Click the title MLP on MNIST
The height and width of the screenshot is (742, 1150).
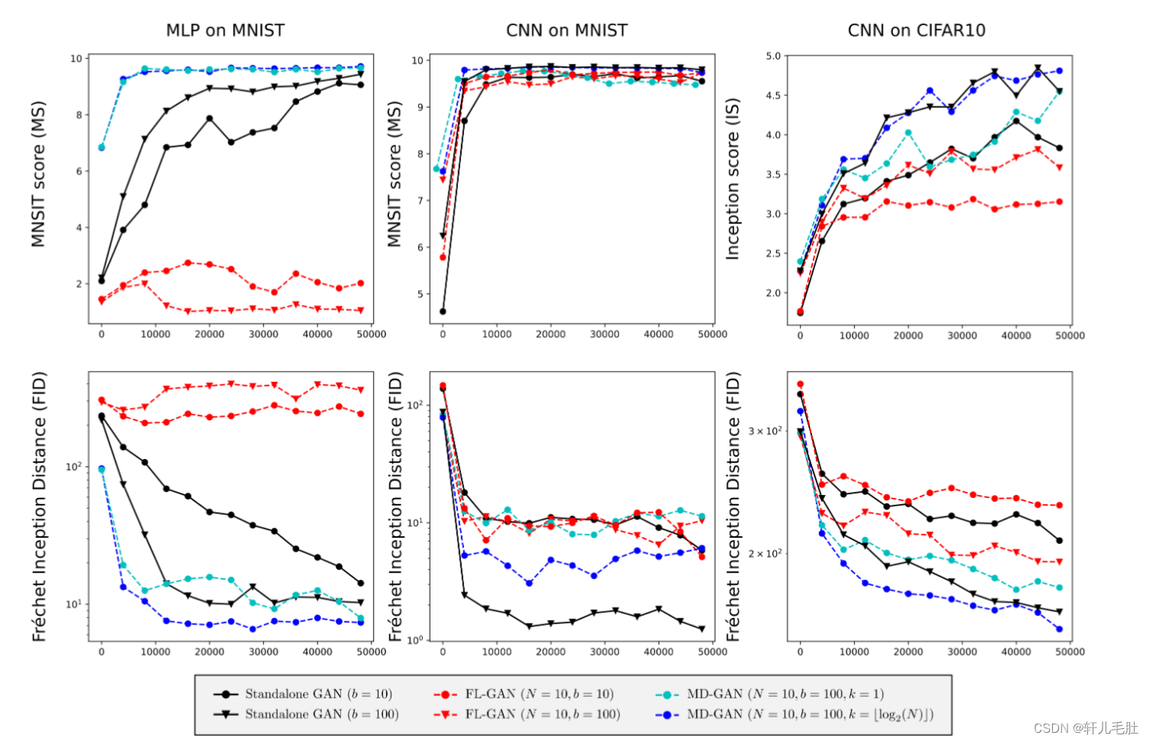[x=225, y=31]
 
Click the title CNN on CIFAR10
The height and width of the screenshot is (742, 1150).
[x=916, y=31]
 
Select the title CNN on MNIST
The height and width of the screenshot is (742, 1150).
[x=567, y=31]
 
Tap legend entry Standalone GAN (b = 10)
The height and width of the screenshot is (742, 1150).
[x=318, y=694]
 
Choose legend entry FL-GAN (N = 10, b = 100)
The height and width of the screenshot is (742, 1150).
[x=542, y=714]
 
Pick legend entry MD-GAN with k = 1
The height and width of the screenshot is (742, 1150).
[x=785, y=694]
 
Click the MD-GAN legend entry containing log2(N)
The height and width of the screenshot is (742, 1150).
[x=809, y=714]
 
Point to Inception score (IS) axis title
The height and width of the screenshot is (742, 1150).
[x=733, y=179]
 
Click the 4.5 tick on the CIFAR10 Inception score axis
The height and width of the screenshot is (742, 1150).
[x=773, y=96]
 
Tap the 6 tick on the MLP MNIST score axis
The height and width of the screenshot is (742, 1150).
[x=78, y=171]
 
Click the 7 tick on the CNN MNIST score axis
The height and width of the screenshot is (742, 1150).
[x=418, y=200]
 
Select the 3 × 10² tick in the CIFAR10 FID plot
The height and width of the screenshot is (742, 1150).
[x=765, y=431]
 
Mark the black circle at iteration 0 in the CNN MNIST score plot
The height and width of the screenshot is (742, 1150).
[x=443, y=311]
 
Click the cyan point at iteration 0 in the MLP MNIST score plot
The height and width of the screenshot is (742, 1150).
[x=102, y=148]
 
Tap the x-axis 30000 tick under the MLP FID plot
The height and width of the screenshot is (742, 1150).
[x=263, y=652]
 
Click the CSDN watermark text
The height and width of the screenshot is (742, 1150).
[x=1085, y=727]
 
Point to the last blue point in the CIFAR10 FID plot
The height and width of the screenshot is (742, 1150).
[x=1059, y=629]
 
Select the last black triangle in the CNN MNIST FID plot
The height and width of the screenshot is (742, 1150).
[x=702, y=629]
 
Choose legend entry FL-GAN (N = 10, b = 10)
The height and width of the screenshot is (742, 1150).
[x=538, y=694]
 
